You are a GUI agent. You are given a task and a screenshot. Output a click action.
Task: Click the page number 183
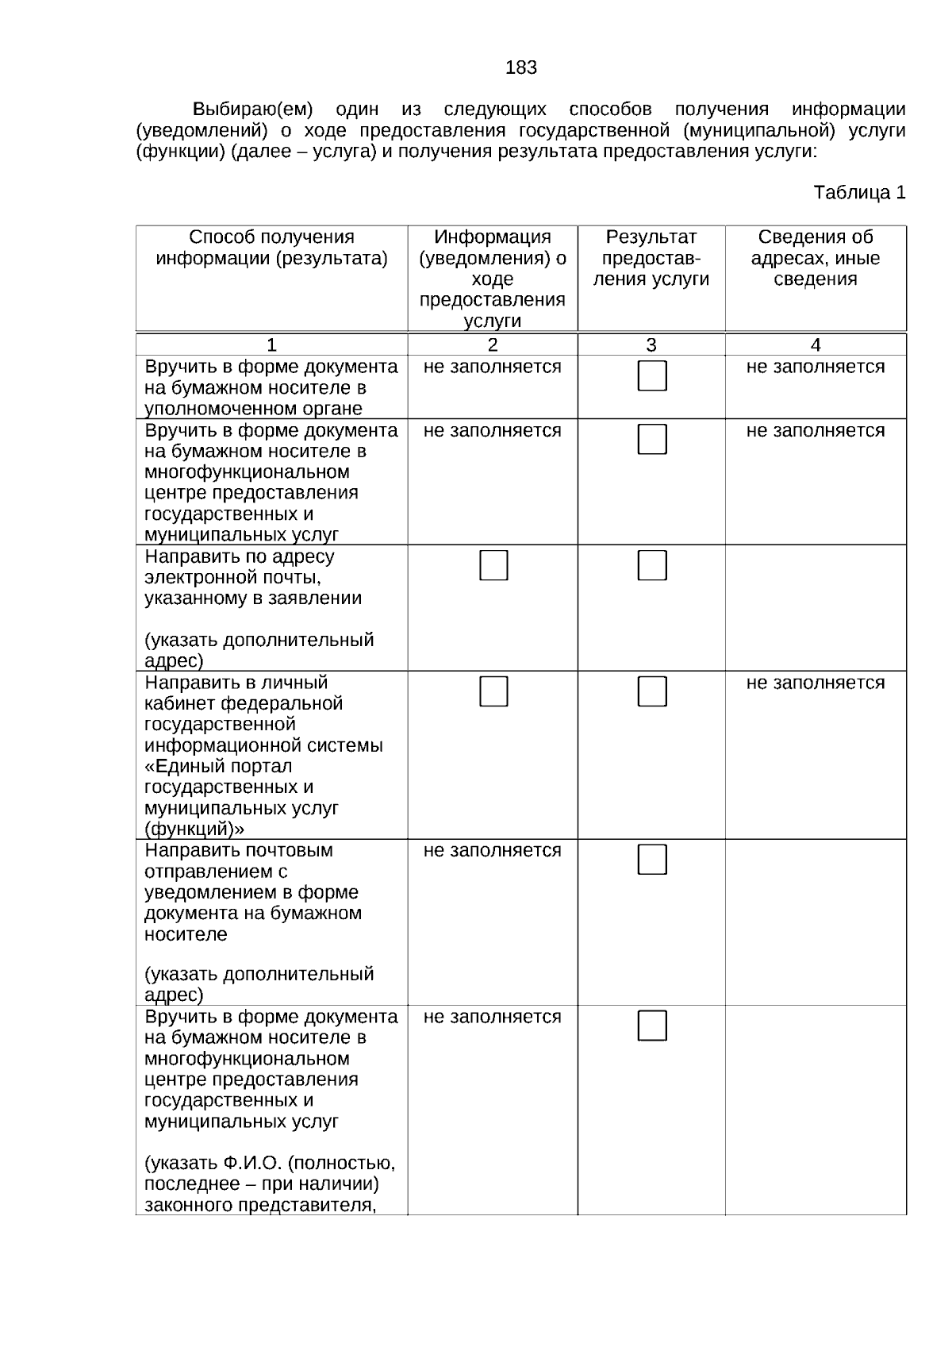(520, 68)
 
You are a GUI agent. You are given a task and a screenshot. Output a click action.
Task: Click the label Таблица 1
(859, 193)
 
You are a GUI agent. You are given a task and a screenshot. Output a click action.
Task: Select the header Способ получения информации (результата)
(271, 248)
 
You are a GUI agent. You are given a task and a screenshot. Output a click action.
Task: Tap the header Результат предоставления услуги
(651, 258)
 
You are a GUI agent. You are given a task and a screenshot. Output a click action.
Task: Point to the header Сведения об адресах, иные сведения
(815, 258)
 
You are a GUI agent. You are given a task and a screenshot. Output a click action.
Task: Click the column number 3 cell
(651, 344)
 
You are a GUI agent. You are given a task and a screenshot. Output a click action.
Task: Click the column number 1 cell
(271, 344)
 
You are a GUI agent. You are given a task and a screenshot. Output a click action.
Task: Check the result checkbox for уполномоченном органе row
(652, 375)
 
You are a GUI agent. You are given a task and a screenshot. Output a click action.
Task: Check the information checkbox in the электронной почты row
(493, 565)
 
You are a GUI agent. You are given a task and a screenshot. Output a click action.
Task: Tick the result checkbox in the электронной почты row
(652, 565)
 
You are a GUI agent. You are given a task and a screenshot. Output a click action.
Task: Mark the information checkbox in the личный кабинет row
(493, 691)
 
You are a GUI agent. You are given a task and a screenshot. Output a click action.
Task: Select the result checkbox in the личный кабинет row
(652, 691)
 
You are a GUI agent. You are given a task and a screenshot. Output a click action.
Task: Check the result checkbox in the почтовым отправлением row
(652, 859)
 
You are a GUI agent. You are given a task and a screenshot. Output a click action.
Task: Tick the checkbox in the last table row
(652, 1026)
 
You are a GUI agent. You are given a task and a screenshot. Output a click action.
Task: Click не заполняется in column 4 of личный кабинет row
(815, 683)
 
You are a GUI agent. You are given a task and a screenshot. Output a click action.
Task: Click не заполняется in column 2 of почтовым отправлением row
(492, 851)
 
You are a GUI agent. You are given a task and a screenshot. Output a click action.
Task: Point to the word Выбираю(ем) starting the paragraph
(253, 110)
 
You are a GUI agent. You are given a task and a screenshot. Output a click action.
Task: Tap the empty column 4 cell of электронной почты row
(815, 607)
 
